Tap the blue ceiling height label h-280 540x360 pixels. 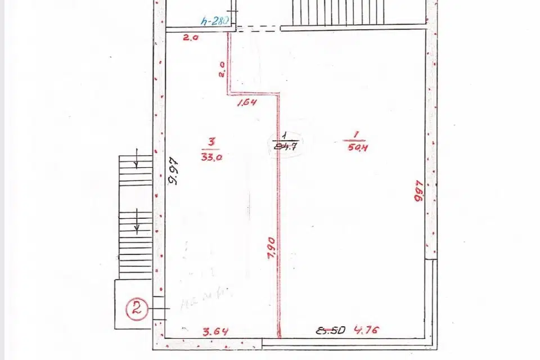(x=214, y=21)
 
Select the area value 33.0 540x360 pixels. (x=211, y=157)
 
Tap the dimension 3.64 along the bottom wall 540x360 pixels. (x=215, y=332)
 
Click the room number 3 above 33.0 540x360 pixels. (x=211, y=142)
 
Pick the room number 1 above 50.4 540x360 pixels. (x=357, y=134)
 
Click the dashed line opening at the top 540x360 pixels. (x=258, y=28)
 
